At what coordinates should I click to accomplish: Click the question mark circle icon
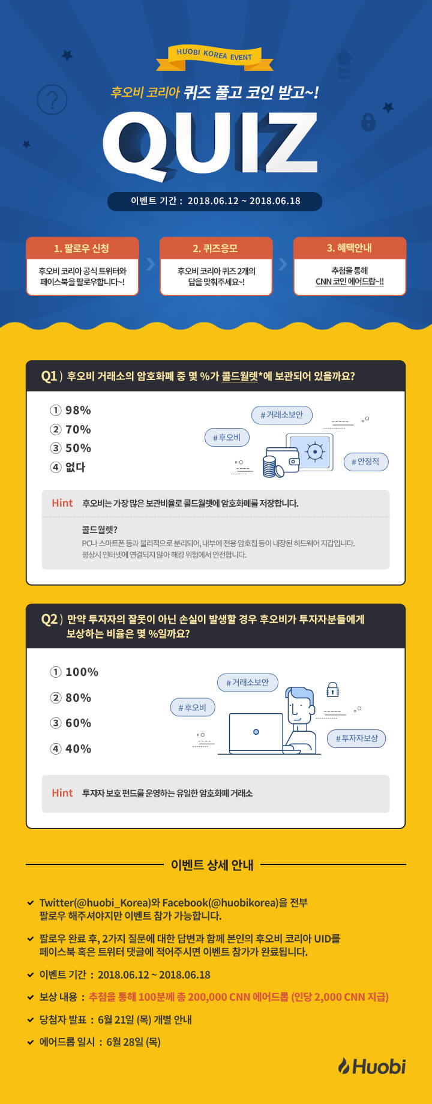click(x=52, y=99)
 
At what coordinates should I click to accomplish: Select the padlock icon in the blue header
click(x=368, y=122)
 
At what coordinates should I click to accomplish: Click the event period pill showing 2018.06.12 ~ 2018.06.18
click(x=215, y=201)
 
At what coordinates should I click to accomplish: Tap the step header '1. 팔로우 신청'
click(x=82, y=249)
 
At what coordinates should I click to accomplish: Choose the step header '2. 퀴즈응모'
click(x=216, y=249)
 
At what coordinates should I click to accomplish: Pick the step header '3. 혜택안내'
click(x=350, y=249)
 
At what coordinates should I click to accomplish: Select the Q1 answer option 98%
click(x=71, y=411)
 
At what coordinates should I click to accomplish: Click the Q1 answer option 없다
click(x=68, y=467)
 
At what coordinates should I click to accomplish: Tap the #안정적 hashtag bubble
click(x=365, y=462)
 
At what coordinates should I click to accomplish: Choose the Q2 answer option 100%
click(x=74, y=672)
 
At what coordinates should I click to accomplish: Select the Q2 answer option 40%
click(x=71, y=749)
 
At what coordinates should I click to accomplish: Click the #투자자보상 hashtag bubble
click(x=356, y=738)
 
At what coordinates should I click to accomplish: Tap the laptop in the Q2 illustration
click(x=256, y=734)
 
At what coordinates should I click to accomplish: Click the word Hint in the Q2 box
click(x=62, y=793)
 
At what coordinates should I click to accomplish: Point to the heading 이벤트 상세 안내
click(x=212, y=865)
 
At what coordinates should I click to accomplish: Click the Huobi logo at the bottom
click(x=372, y=1066)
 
